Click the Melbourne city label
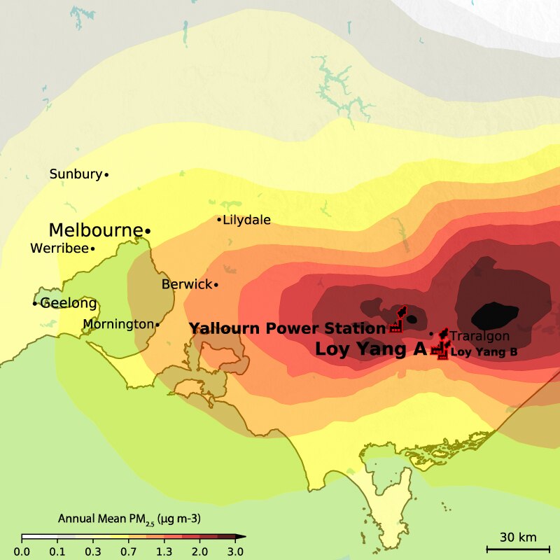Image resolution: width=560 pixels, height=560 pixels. pos(95,230)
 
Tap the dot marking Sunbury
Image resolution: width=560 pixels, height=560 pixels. pos(106,174)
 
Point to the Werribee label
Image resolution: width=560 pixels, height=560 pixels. pos(59,248)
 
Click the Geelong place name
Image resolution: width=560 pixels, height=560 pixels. pos(68,304)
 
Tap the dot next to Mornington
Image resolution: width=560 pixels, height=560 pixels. pos(157,324)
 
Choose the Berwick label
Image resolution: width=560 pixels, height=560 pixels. pos(186,284)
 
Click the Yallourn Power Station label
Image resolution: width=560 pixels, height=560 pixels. pos(287,328)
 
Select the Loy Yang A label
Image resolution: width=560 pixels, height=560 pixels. pos(371,349)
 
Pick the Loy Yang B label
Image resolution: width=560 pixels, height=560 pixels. pos(484,351)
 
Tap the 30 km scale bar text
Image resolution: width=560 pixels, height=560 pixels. pos(518,537)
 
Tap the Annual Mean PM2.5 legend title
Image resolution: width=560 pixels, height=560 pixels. pos(129,519)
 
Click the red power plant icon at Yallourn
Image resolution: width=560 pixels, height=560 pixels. pos(396,327)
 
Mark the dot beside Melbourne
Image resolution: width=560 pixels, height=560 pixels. pos(148,230)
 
